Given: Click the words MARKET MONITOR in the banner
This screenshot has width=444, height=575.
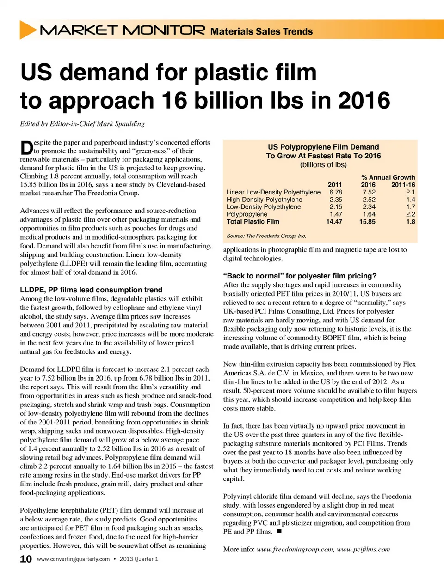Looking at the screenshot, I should [123, 30].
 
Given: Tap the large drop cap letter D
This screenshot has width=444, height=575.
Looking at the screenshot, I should [27, 148].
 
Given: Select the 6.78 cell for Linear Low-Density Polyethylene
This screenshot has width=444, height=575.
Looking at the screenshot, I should [336, 192].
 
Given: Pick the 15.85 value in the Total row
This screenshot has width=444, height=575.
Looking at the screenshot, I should [367, 222].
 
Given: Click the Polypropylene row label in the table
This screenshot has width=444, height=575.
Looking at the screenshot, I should [247, 214].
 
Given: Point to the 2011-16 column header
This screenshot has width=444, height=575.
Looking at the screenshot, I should [403, 185].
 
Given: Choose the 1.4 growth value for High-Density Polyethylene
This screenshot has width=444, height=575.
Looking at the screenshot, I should [411, 200].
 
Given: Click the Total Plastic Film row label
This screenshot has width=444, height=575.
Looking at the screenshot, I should [253, 222].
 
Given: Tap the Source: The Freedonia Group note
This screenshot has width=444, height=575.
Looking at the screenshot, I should [266, 236].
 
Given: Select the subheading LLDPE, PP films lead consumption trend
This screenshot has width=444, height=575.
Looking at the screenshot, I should [91, 290].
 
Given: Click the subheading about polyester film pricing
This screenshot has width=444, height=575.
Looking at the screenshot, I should [300, 276].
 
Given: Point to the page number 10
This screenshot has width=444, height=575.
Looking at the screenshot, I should [26, 559].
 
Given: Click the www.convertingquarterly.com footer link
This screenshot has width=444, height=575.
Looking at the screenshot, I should [73, 559].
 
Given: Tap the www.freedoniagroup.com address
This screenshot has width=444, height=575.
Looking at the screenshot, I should [295, 550].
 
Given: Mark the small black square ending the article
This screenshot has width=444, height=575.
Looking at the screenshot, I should [279, 532].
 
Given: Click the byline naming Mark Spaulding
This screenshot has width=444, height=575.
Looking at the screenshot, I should [82, 124].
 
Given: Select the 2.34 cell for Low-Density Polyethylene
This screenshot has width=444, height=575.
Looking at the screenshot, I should [369, 207].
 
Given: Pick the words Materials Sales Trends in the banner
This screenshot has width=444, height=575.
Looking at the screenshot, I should [261, 31].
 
